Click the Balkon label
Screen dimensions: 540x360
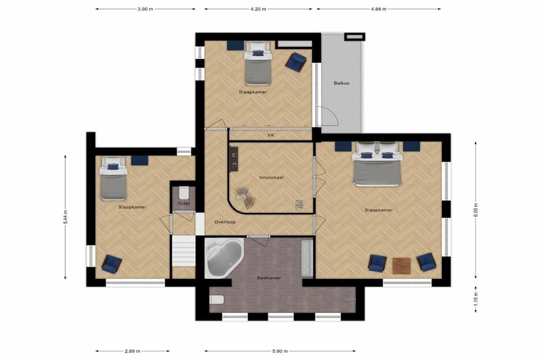pyautogui.click(x=341, y=83)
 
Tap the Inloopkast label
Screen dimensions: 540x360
pyautogui.click(x=272, y=178)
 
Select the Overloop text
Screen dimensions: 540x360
pyautogui.click(x=225, y=222)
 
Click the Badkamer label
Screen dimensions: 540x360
pyautogui.click(x=269, y=278)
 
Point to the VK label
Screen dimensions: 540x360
pyautogui.click(x=271, y=135)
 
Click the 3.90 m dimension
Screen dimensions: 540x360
pyautogui.click(x=145, y=9)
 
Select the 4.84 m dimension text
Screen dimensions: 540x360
pyautogui.click(x=379, y=9)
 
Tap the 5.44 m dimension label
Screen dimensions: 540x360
pyautogui.click(x=65, y=217)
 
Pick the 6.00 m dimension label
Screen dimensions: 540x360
pyautogui.click(x=476, y=209)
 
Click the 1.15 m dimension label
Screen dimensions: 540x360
pyautogui.click(x=476, y=299)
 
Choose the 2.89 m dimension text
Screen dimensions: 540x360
pyautogui.click(x=132, y=352)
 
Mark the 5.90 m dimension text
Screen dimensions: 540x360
pyautogui.click(x=279, y=352)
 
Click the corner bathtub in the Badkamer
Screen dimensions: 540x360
pyautogui.click(x=224, y=258)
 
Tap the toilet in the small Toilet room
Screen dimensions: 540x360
pyautogui.click(x=184, y=193)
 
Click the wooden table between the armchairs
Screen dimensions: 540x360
pyautogui.click(x=401, y=265)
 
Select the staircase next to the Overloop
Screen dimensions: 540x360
pyautogui.click(x=184, y=250)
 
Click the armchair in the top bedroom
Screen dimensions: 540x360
pyautogui.click(x=296, y=62)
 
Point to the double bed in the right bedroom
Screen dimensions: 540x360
pyautogui.click(x=377, y=164)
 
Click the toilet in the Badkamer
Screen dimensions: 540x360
pyautogui.click(x=217, y=299)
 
